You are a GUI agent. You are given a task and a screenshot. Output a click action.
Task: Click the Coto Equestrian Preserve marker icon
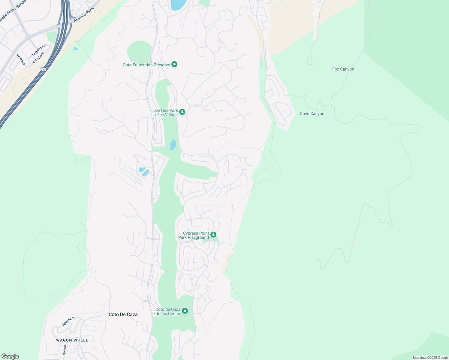tap(174, 64)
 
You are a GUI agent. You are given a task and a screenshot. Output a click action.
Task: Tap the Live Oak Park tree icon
tap(182, 112)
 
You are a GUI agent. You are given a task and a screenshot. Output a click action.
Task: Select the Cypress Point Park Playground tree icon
tap(213, 235)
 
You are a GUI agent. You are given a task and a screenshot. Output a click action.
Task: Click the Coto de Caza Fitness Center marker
tap(185, 311)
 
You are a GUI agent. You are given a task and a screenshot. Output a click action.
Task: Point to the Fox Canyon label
tap(343, 69)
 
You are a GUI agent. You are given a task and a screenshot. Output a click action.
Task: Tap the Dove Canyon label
tap(312, 114)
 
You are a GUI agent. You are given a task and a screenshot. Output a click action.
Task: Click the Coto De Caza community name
tap(123, 314)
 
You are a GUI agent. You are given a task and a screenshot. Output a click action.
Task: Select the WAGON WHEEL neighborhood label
tap(72, 340)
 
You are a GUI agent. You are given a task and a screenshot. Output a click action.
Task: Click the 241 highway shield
tap(43, 70)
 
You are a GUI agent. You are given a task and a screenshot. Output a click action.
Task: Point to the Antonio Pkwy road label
tap(84, 14)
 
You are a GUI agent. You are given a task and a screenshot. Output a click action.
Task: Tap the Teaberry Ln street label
tap(39, 50)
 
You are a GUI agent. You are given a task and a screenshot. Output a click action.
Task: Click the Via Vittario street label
tap(38, 57)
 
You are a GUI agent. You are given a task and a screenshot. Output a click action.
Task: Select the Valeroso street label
tap(21, 59)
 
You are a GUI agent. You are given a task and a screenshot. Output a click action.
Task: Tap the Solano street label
tap(64, 350)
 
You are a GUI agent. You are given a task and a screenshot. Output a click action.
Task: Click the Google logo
tap(10, 356)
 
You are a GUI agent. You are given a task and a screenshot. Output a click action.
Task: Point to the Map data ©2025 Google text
tap(430, 358)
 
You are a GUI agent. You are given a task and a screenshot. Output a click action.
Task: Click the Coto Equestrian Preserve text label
tap(146, 65)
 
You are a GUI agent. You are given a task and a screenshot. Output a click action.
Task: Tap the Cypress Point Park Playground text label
tap(194, 235)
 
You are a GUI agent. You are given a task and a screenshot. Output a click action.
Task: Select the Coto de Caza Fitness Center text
tap(167, 311)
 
